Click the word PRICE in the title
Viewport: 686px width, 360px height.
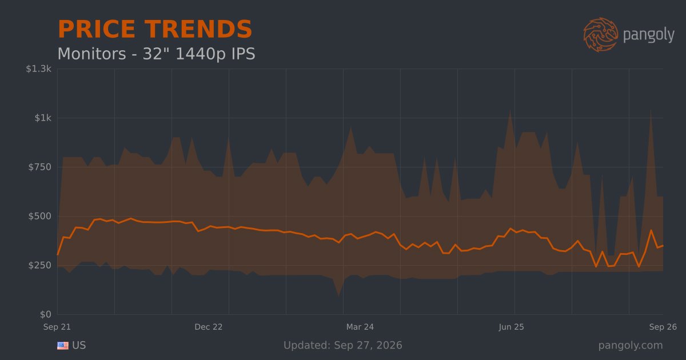[x=97, y=29]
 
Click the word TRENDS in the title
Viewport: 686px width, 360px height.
[x=198, y=29]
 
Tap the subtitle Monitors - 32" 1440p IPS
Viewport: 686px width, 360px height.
[x=156, y=54]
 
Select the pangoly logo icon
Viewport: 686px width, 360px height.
[x=600, y=35]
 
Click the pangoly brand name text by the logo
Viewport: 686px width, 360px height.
[x=649, y=35]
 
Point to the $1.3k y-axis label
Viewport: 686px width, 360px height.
[x=39, y=69]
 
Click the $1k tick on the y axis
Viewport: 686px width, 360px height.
[x=43, y=118]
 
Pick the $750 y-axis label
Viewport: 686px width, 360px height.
[x=40, y=167]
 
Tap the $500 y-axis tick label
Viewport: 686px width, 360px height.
[x=40, y=216]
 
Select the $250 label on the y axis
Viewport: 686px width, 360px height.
[x=40, y=265]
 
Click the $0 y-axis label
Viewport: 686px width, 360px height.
[x=46, y=314]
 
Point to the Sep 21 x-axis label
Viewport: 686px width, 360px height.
[x=57, y=327]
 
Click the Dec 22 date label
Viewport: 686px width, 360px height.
[x=209, y=327]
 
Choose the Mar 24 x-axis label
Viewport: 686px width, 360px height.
[x=360, y=327]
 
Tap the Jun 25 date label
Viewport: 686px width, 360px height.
[x=512, y=327]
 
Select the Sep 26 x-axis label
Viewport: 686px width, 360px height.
[x=663, y=327]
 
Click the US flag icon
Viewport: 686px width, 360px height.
[x=63, y=346]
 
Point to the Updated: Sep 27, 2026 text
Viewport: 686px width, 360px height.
[x=342, y=345]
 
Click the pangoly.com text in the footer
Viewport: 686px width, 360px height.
[x=631, y=346]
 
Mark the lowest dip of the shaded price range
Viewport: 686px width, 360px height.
[x=338, y=297]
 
